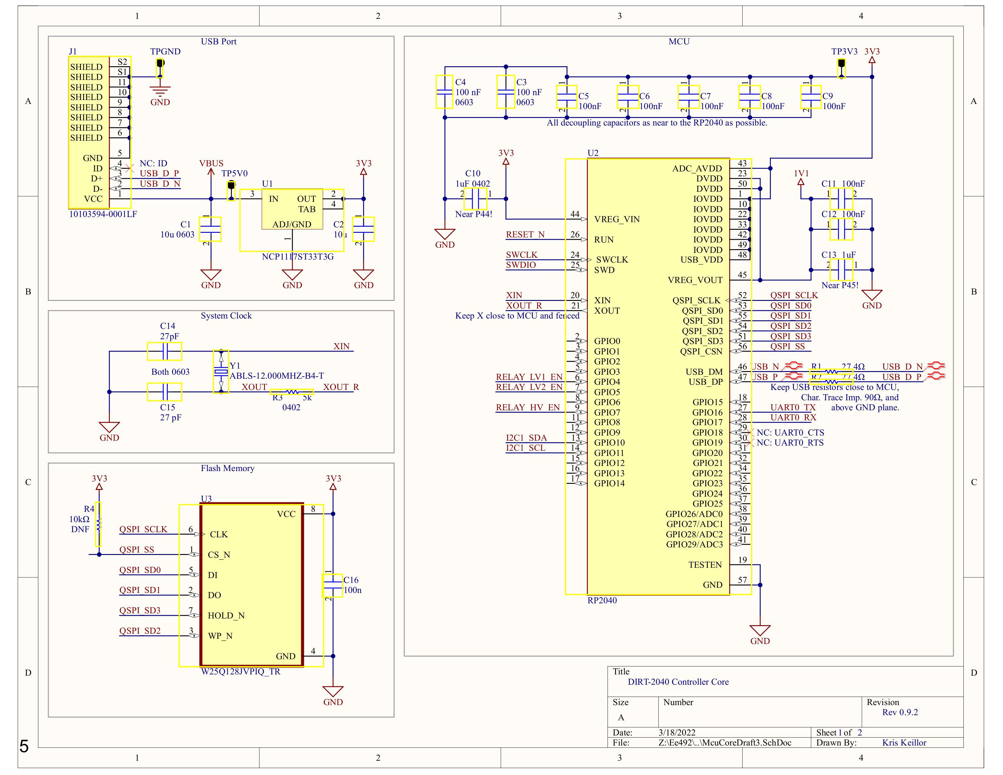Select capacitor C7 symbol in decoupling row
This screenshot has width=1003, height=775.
[688, 97]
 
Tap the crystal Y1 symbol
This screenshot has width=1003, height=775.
[221, 371]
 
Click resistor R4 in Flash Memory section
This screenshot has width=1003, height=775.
[98, 524]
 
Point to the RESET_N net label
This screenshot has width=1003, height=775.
[525, 235]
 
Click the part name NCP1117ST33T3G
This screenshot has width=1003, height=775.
[298, 257]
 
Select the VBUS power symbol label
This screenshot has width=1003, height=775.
[211, 164]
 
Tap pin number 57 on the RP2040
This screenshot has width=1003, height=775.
[742, 580]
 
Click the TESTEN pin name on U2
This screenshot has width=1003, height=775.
[705, 565]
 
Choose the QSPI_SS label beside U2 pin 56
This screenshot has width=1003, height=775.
[787, 347]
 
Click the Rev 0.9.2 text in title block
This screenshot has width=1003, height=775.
[900, 712]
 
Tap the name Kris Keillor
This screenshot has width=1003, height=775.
[904, 742]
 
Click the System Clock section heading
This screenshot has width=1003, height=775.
[226, 316]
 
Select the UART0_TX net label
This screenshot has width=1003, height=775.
[793, 407]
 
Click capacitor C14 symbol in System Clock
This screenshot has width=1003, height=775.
[164, 351]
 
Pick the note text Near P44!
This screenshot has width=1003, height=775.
[474, 214]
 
